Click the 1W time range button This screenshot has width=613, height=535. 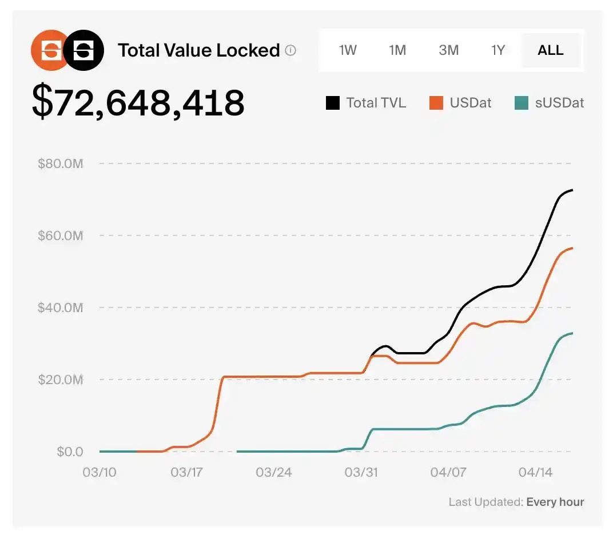click(348, 50)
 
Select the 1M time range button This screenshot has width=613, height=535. click(397, 50)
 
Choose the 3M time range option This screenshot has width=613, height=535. click(449, 50)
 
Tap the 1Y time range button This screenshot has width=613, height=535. click(498, 50)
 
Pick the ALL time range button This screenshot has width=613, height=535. click(551, 50)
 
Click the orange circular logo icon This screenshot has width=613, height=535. click(49, 50)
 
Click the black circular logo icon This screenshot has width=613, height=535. click(84, 50)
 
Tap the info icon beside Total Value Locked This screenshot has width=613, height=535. click(290, 50)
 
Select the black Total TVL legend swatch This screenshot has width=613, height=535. click(332, 103)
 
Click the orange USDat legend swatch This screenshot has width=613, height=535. click(436, 103)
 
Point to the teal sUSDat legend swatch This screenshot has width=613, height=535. click(521, 103)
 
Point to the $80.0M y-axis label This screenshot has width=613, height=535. click(61, 164)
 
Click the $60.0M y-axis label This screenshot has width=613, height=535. click(61, 235)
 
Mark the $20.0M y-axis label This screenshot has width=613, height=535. click(61, 380)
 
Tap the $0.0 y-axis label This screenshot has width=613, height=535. click(70, 452)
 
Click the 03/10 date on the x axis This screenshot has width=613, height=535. click(99, 473)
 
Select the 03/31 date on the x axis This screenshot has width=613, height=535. click(361, 473)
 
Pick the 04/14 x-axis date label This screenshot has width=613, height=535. click(535, 473)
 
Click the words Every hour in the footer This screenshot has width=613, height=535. click(555, 502)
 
